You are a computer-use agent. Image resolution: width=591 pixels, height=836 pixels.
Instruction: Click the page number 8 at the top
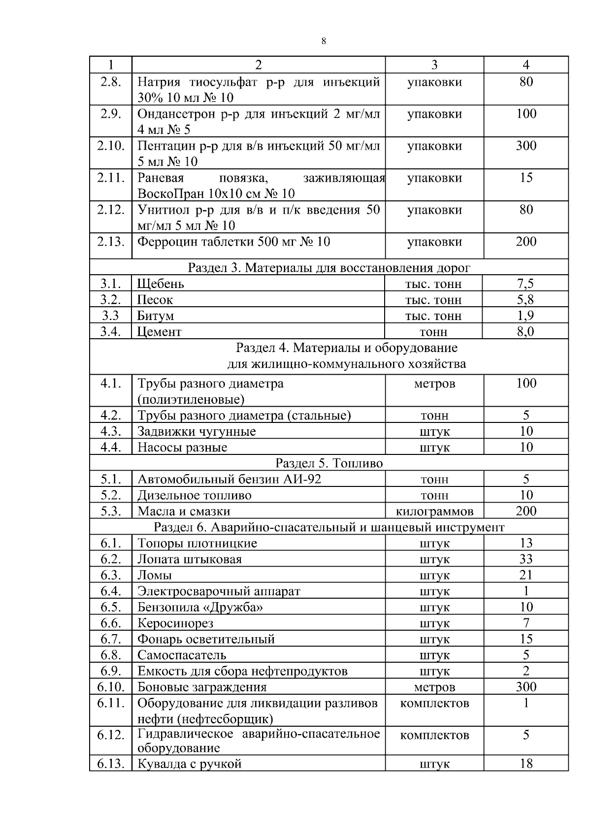(323, 41)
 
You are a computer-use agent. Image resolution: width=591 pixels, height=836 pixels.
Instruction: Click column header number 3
(434, 65)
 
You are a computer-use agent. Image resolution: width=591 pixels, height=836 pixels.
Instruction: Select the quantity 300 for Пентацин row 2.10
(526, 146)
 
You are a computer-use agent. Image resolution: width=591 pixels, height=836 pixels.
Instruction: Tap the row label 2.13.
(111, 242)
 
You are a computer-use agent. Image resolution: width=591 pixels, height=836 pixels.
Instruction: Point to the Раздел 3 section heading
(329, 268)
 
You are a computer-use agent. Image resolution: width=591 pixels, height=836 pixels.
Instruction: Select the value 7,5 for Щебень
(525, 284)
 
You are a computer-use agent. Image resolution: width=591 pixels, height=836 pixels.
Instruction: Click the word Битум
(156, 316)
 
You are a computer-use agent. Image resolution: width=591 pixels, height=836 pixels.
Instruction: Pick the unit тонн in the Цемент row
(433, 332)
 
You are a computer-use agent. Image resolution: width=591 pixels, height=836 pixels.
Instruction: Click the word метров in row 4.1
(434, 384)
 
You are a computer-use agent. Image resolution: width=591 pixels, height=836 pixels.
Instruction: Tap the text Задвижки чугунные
(197, 432)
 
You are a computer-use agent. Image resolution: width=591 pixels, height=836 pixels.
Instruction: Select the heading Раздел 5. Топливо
(329, 463)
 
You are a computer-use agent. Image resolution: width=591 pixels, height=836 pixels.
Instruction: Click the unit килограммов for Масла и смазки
(434, 512)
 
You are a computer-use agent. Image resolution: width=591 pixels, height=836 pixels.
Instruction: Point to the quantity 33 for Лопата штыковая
(526, 559)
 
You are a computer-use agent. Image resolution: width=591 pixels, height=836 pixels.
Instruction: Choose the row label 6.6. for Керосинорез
(111, 623)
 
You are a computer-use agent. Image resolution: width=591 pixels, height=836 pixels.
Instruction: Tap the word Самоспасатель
(182, 655)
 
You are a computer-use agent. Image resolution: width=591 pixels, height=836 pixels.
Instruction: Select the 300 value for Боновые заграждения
(526, 687)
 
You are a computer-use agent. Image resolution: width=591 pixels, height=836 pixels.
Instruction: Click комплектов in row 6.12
(434, 735)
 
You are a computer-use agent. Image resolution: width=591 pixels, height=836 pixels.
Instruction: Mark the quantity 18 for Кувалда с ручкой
(526, 764)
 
